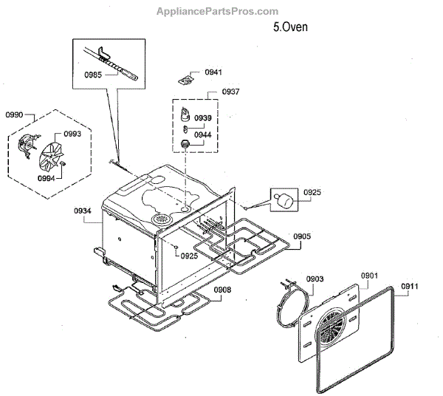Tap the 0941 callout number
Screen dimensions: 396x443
point(213,72)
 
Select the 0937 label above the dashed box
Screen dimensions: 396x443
point(210,92)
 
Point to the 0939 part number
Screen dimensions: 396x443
point(202,118)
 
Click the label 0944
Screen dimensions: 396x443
point(202,135)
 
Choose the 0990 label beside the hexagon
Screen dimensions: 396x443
point(14,115)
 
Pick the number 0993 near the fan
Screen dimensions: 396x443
point(72,134)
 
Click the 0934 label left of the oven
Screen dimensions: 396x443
point(82,211)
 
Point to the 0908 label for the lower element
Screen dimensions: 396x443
point(222,290)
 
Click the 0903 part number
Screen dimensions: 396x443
point(315,279)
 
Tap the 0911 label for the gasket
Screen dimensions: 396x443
point(410,285)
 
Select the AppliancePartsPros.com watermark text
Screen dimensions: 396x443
point(218,11)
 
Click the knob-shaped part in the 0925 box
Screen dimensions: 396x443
point(284,198)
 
